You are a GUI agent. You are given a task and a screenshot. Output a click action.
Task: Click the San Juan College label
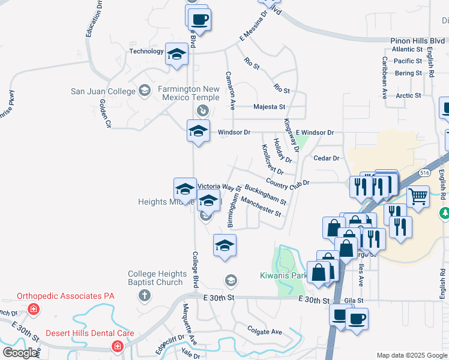[104, 91]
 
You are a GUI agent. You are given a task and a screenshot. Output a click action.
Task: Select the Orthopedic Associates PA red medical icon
[34, 310]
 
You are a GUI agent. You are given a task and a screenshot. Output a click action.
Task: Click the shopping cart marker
[419, 195]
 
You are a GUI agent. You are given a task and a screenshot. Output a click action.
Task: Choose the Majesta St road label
[269, 107]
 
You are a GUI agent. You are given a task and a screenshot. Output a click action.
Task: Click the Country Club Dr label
[287, 182]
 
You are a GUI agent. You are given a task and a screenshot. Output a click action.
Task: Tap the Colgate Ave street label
[264, 332]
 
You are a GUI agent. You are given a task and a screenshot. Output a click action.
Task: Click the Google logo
[20, 353]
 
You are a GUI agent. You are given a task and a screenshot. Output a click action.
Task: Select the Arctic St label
[408, 95]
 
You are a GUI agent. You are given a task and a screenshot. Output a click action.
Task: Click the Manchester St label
[261, 208]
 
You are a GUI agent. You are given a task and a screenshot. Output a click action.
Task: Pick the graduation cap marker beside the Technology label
[176, 55]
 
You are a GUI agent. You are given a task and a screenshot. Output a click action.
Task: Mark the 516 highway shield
[425, 172]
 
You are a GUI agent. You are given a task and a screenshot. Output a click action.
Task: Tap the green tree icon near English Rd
[445, 213]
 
